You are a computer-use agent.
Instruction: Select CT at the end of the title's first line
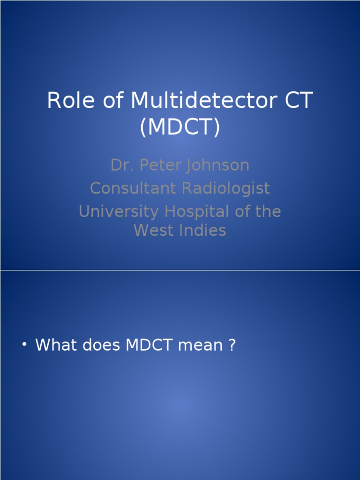coord(296,101)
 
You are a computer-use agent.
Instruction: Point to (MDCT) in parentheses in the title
coord(180,127)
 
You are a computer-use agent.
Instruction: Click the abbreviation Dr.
coord(119,165)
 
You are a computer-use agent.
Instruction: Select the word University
coord(119,211)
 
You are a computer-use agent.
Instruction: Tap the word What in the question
coord(56,345)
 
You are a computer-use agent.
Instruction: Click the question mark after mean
coord(231,345)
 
